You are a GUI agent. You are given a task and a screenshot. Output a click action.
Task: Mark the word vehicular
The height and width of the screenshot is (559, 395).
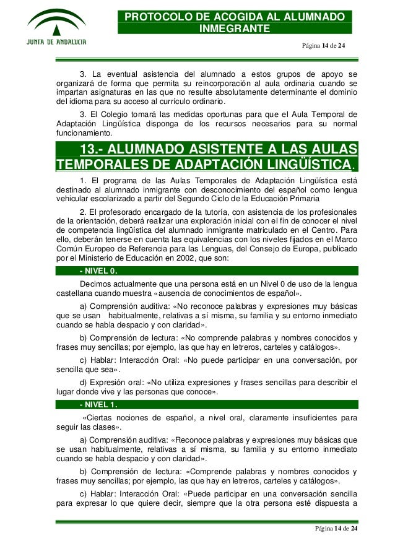[x=73, y=199]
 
